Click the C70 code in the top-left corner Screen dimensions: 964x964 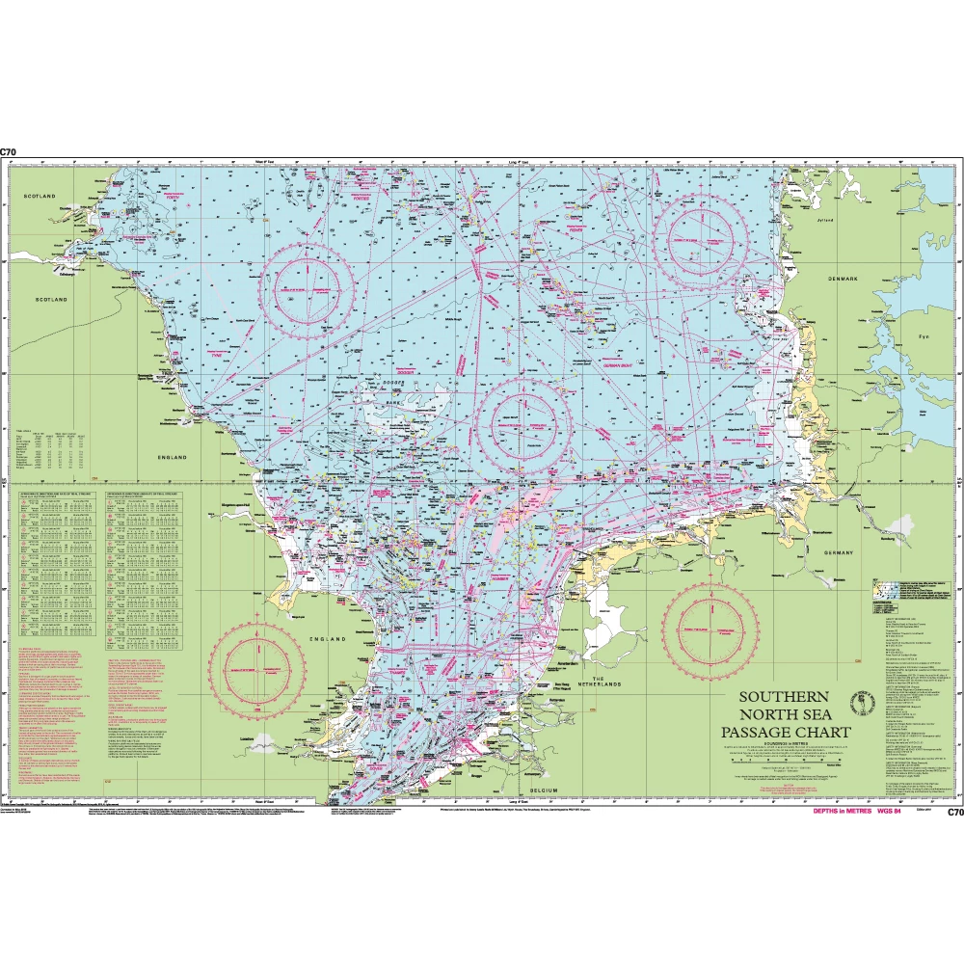[x=9, y=152]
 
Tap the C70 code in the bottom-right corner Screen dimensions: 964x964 [x=955, y=813]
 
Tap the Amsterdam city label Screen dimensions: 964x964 [x=567, y=664]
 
